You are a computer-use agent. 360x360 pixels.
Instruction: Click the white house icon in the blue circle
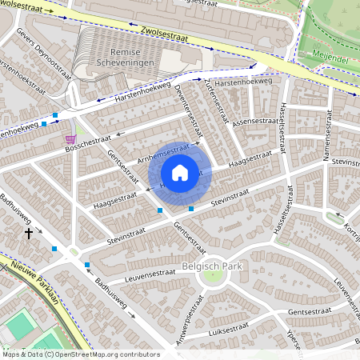(180, 173)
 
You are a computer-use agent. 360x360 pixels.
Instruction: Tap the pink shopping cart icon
(70, 138)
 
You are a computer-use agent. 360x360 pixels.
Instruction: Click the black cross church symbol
(29, 234)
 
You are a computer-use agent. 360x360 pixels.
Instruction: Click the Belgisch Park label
(213, 261)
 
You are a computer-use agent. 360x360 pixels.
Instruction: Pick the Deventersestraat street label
(186, 109)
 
